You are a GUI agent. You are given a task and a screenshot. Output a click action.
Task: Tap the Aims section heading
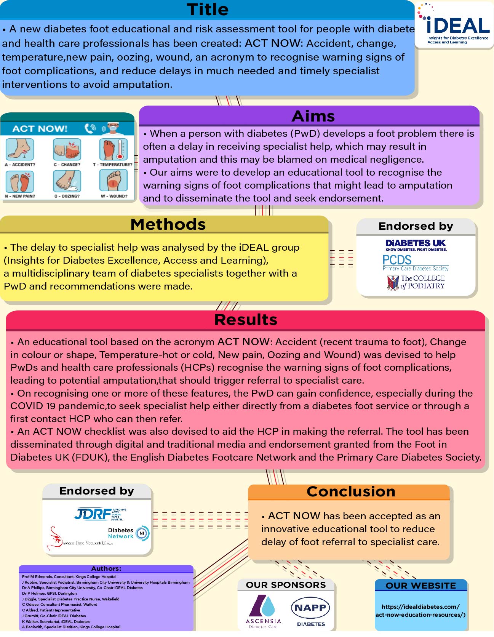(313, 116)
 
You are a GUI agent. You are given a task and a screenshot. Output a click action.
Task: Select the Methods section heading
(168, 224)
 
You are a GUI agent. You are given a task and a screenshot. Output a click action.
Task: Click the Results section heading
(246, 320)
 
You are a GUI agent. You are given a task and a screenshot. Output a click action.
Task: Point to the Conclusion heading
(351, 491)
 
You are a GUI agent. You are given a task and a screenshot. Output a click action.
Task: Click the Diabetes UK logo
(416, 245)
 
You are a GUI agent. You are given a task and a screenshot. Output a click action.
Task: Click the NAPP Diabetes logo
(310, 611)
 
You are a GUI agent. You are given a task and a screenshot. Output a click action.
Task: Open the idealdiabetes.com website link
(420, 610)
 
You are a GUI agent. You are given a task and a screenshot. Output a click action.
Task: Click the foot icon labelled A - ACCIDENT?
(19, 149)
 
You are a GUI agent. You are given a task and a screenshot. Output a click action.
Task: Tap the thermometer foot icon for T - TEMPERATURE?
(113, 149)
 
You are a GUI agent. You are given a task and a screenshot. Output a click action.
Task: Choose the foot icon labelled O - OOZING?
(67, 181)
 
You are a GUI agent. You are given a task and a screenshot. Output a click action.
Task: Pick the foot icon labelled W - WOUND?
(113, 181)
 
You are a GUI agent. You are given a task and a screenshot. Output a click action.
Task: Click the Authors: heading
(106, 568)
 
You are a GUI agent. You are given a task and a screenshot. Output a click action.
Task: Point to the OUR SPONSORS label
(286, 585)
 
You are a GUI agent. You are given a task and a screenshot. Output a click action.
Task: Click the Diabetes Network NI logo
(128, 533)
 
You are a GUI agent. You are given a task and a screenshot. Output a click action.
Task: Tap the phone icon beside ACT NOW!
(90, 128)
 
